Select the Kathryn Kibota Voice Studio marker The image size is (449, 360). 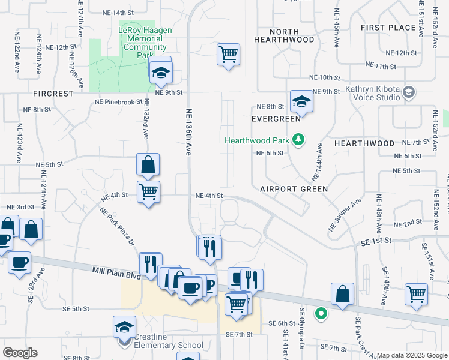409,92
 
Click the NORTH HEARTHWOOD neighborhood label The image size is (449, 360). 284,35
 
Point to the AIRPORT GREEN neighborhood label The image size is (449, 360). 294,189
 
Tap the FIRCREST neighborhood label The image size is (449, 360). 53,94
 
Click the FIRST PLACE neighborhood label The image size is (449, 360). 388,28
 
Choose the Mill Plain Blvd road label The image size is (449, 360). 116,271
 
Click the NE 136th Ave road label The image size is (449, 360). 188,132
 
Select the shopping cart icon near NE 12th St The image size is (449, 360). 228,55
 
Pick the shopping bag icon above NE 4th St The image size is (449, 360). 148,163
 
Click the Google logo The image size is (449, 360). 20,353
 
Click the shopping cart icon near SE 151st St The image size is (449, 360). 417,293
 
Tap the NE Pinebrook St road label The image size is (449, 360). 118,103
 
